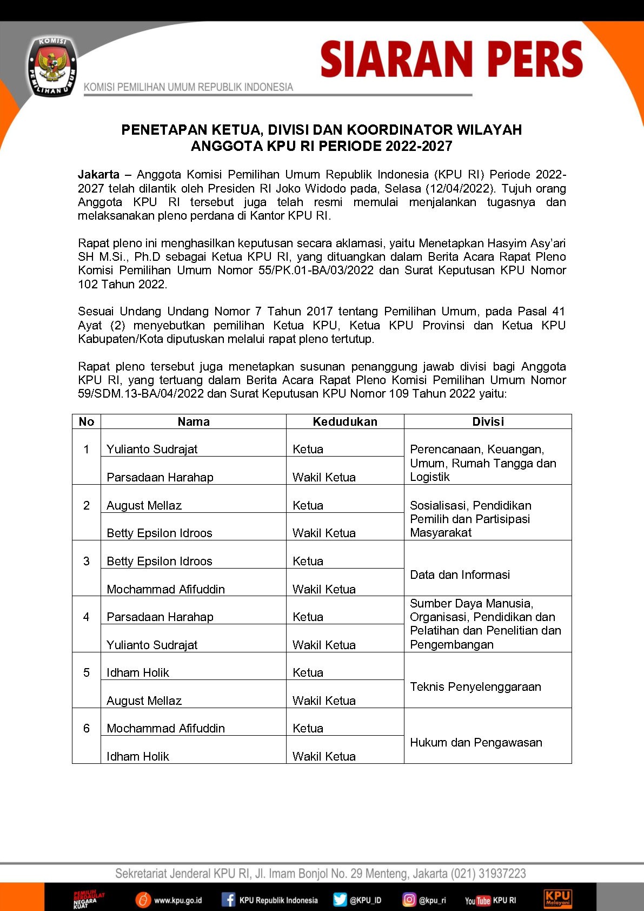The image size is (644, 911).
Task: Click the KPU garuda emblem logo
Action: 52,67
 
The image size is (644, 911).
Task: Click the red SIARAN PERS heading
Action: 452,59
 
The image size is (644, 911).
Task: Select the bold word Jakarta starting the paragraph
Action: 98,175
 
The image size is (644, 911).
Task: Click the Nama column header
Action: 194,422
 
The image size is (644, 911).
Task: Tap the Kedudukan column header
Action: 345,422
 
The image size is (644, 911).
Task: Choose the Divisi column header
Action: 488,422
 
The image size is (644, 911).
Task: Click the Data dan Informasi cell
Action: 460,575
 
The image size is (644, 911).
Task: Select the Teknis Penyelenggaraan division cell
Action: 475,686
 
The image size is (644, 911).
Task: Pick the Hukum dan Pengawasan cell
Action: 476,742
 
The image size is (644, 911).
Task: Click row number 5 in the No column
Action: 87,672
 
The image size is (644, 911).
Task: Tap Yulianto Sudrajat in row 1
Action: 152,449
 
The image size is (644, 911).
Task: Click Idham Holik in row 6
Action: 138,756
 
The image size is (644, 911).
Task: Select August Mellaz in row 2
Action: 144,505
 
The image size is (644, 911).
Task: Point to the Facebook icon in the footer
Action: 228,900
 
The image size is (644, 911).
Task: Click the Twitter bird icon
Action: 340,900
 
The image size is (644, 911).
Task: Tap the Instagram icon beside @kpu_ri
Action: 409,900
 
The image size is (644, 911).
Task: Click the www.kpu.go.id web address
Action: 178,901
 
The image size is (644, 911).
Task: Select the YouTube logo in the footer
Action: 477,901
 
